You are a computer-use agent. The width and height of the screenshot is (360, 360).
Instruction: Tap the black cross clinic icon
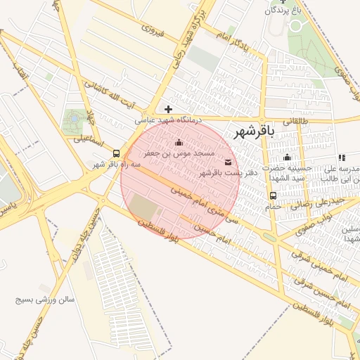(x=167, y=109)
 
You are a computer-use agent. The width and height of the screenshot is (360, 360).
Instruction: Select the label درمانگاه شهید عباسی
(x=169, y=121)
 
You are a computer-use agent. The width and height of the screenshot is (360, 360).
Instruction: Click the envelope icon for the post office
(x=226, y=162)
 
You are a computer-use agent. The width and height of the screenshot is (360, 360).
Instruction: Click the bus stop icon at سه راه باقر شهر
(x=116, y=153)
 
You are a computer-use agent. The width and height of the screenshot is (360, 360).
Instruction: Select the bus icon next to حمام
(x=273, y=195)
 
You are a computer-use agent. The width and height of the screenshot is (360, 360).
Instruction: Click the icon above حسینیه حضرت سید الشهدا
(x=287, y=157)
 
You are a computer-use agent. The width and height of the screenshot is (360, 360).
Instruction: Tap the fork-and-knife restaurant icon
(x=342, y=158)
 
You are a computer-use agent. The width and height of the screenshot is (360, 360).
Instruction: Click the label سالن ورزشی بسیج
(x=46, y=300)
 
